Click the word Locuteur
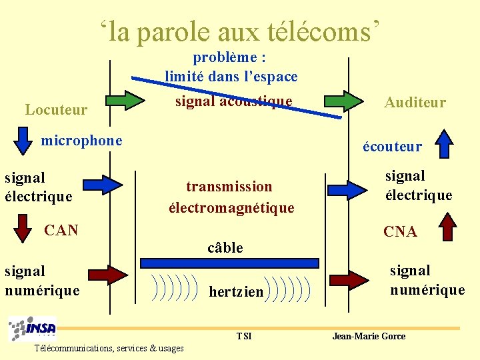(x=56, y=109)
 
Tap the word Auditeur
(x=415, y=102)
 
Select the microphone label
(x=82, y=141)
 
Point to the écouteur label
(x=392, y=146)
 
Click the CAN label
(x=61, y=231)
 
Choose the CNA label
(x=400, y=232)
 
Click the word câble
(x=225, y=248)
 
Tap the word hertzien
(x=236, y=292)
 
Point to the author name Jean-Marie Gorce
(x=369, y=336)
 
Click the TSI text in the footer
(x=244, y=336)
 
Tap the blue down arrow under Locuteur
(x=23, y=140)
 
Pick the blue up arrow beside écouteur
(x=443, y=142)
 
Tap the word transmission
(x=229, y=187)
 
